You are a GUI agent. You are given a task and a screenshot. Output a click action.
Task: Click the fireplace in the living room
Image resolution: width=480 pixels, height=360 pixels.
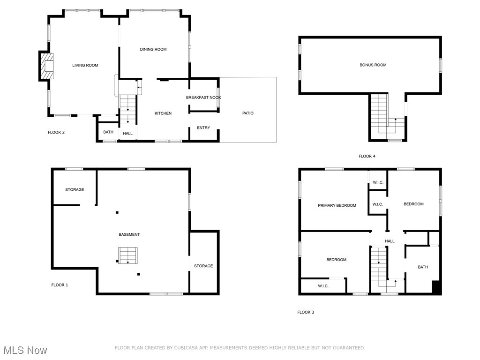click(46, 66)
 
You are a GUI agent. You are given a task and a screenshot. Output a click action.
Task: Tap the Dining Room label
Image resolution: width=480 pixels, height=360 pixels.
click(153, 49)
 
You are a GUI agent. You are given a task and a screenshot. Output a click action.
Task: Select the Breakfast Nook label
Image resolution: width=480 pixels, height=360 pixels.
click(203, 97)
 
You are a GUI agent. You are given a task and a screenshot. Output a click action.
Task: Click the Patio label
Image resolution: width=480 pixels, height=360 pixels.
click(247, 113)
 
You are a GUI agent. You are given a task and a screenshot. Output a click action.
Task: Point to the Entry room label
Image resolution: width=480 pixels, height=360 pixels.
click(203, 128)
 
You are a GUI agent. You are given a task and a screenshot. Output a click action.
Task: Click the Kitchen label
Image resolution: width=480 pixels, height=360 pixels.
click(163, 113)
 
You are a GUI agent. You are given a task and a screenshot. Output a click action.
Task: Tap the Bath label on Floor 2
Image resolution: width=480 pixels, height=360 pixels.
click(108, 132)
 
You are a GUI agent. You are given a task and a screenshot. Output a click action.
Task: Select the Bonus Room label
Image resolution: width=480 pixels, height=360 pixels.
click(373, 65)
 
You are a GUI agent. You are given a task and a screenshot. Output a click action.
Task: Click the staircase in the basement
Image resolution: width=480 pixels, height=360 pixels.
click(128, 255)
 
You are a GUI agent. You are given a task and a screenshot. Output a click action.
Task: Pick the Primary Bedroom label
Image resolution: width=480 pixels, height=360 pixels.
click(337, 205)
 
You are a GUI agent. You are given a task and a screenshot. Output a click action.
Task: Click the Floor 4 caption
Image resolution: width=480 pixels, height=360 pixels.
click(367, 156)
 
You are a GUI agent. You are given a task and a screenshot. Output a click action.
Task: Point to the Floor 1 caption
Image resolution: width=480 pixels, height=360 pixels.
click(60, 285)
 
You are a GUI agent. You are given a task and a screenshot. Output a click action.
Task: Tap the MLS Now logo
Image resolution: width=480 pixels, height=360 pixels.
click(25, 350)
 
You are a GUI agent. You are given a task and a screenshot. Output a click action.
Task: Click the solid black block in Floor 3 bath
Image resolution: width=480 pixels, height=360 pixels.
click(436, 287)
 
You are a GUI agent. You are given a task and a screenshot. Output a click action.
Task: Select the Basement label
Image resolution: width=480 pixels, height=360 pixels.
click(129, 234)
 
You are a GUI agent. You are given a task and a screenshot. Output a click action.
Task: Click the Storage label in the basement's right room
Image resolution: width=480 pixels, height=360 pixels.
click(203, 266)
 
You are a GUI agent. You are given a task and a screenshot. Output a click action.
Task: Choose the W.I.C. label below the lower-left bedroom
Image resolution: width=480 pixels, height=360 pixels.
click(323, 286)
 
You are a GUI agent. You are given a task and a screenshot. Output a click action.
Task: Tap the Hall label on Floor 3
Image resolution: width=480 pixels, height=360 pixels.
click(390, 241)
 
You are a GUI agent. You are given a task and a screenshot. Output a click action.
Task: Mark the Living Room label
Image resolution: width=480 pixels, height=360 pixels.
click(85, 65)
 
